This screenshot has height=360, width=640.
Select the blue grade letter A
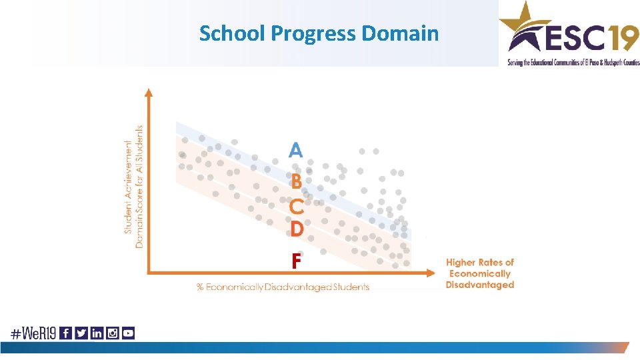pos(295,150)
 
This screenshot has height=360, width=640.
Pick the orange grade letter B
pos(296,180)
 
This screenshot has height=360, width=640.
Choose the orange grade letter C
pos(297,207)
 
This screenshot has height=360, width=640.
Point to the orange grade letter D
pos(297,229)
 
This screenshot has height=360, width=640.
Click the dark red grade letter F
pos(297,261)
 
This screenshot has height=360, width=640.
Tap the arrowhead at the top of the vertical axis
pos(149,93)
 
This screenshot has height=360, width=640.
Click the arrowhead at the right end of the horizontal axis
pos(435,272)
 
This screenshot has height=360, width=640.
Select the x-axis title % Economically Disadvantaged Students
pos(283,287)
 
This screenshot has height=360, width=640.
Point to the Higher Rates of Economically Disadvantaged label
pos(480,273)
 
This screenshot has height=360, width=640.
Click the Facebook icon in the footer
pos(66,333)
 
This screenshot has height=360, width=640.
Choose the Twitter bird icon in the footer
pos(81,333)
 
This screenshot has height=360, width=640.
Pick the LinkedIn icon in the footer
pos(97,333)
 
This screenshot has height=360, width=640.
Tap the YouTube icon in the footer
pos(128,333)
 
